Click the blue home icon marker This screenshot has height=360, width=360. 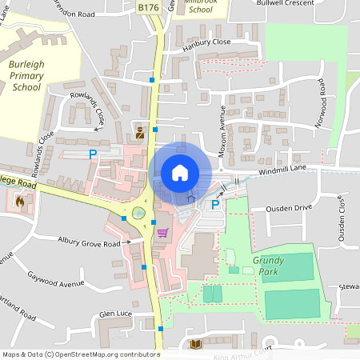pos(180,172)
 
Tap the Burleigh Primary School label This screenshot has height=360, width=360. pos(26,75)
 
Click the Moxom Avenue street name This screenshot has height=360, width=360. pos(223,127)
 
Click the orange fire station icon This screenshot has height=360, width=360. pos(19,202)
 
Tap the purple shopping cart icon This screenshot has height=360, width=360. pos(162,233)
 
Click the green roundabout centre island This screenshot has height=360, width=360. pos(139,214)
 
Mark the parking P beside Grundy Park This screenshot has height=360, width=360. pos(214,205)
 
